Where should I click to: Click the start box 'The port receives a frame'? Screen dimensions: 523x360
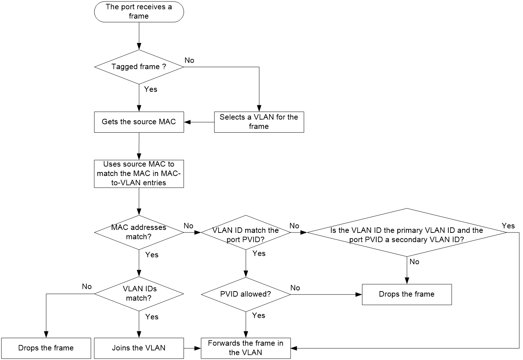(x=139, y=12)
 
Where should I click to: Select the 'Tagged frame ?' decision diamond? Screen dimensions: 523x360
(x=139, y=67)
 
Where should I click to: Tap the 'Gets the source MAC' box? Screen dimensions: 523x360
(x=139, y=122)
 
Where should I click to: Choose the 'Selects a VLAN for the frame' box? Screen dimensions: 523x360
(x=259, y=122)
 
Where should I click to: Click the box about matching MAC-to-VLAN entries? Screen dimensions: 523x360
(x=139, y=173)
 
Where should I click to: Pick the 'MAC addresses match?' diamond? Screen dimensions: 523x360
(x=139, y=232)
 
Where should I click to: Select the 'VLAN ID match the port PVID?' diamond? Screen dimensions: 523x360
(x=245, y=232)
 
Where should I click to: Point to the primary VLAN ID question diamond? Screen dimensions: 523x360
(x=407, y=232)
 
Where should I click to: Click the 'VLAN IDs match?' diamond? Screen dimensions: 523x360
(x=139, y=294)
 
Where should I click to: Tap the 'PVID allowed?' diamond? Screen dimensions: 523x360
(x=245, y=294)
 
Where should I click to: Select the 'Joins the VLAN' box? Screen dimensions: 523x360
(x=139, y=348)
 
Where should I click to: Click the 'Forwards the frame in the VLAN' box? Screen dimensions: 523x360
(x=245, y=348)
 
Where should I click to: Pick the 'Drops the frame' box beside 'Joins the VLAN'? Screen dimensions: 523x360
(x=46, y=348)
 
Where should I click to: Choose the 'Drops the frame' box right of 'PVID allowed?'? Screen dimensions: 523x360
(x=407, y=294)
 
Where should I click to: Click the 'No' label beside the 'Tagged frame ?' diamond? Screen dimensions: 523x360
(x=189, y=60)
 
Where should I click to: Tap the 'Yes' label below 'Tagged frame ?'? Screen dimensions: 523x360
(x=150, y=89)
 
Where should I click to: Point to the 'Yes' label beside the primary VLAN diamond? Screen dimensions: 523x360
(x=508, y=226)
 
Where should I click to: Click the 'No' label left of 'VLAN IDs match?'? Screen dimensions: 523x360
(x=87, y=286)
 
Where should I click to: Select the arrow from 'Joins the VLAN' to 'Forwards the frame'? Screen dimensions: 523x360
(x=192, y=348)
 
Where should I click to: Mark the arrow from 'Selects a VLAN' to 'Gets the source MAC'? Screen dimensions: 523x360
(x=199, y=122)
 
